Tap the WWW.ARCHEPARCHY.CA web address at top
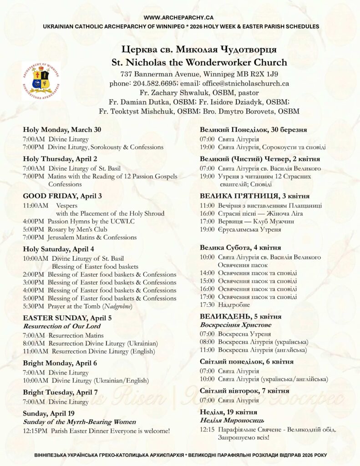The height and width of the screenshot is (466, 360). click(x=180, y=17)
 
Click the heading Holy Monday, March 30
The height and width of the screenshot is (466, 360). click(x=62, y=130)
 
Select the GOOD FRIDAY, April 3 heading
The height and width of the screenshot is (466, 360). click(x=62, y=196)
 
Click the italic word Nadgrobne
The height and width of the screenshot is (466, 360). click(x=117, y=307)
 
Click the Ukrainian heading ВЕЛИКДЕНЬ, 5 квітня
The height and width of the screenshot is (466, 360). click(x=240, y=316)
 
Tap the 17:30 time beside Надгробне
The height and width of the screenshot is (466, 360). click(x=207, y=305)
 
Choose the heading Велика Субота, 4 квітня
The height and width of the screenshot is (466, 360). click(x=240, y=248)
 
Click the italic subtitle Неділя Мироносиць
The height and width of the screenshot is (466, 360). click(x=232, y=420)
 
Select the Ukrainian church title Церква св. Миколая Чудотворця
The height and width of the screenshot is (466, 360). click(x=199, y=49)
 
